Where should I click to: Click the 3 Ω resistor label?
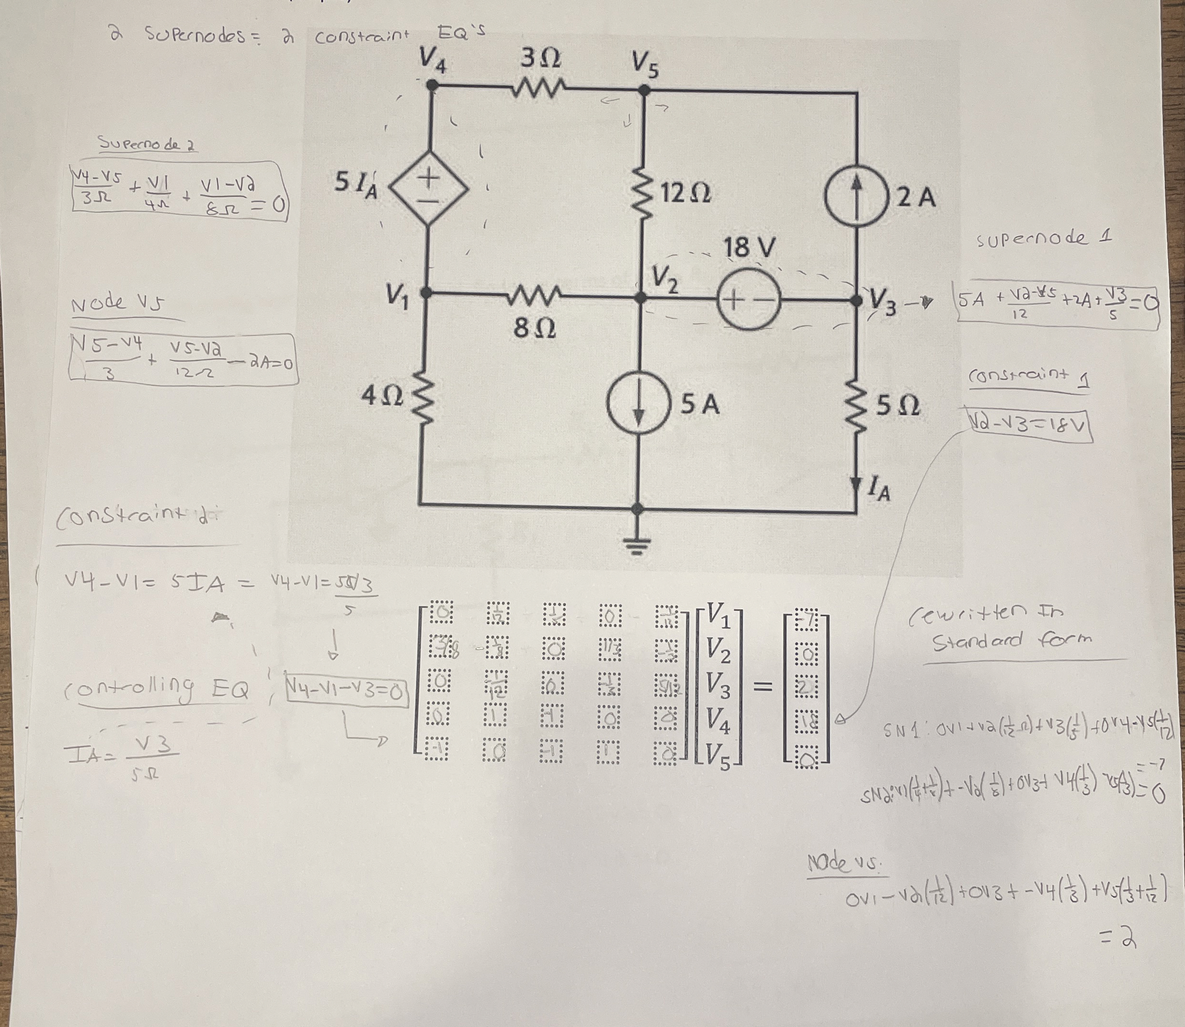(540, 58)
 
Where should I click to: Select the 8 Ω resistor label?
(534, 328)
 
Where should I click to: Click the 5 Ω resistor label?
(898, 406)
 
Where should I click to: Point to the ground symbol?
(637, 545)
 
